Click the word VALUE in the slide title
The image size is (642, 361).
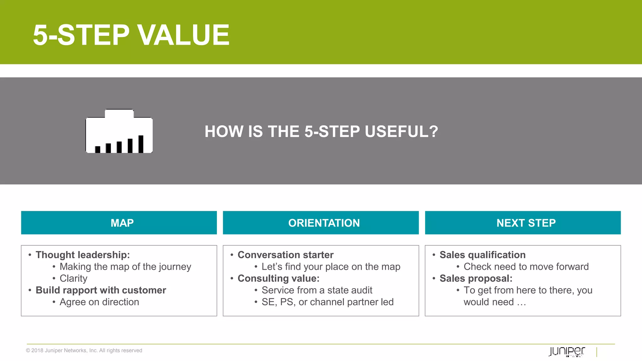coord(184,35)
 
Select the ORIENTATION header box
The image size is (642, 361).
coord(321,223)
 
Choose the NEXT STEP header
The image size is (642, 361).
coord(523,223)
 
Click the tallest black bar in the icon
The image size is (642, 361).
coord(141,144)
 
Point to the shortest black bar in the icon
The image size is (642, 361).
coord(97,149)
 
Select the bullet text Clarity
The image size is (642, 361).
coord(73,278)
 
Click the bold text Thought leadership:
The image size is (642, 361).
coord(82,255)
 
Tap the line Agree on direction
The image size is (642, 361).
coord(99,302)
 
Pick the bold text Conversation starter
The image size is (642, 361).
coord(285,255)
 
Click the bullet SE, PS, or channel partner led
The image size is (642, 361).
coord(327,302)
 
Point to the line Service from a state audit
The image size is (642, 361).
coord(317,290)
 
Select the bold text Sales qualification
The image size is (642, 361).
coord(482,255)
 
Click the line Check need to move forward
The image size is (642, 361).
coord(526,267)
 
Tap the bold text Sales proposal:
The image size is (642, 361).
coord(476,278)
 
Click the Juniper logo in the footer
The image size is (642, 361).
coord(567,351)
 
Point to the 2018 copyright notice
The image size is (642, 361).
coord(84,350)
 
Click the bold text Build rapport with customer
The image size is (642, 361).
coord(101,290)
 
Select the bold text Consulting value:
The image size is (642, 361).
coord(278,278)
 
